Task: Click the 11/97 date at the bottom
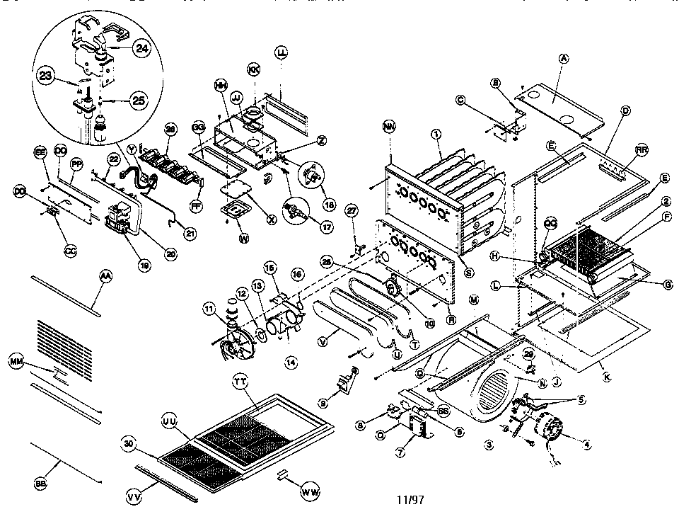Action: coord(410,499)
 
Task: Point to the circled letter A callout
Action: coord(564,59)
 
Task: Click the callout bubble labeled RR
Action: coord(641,150)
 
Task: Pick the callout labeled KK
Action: coord(253,69)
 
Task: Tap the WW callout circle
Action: coord(309,490)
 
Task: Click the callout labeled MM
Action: coord(17,363)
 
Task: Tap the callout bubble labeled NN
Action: coord(388,128)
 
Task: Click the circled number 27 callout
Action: coord(352,211)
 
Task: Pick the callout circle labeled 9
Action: coord(323,403)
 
